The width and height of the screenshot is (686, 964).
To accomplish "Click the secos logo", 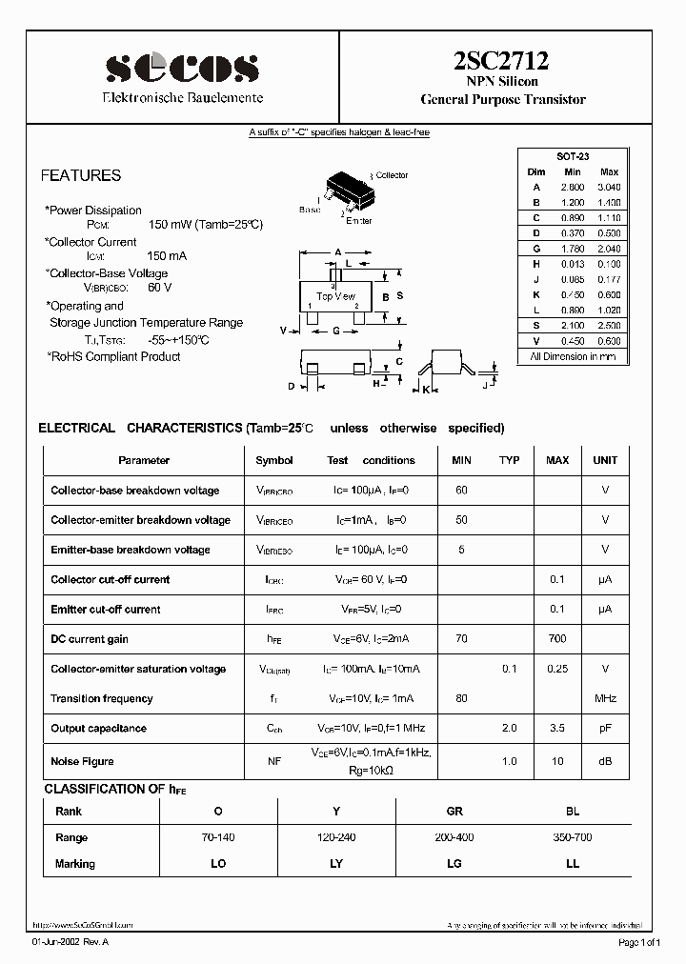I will [182, 68].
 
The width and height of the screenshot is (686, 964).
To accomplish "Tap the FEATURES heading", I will [80, 175].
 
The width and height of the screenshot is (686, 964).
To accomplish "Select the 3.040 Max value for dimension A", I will [609, 188].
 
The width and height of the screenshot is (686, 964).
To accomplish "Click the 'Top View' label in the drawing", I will [335, 297].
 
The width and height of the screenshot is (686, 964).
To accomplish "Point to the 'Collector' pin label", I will [392, 175].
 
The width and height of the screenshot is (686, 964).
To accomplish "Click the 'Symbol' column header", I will [274, 460].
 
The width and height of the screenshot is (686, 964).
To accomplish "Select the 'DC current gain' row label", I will [90, 639].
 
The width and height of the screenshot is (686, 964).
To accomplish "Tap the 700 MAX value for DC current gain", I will [557, 639].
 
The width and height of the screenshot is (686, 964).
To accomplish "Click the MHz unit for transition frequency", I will [605, 698].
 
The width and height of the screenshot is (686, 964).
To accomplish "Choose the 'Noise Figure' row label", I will [82, 761].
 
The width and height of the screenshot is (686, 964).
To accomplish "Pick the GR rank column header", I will [454, 812].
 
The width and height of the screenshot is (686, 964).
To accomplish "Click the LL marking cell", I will [573, 864].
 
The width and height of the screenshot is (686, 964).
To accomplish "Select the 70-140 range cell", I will [218, 837].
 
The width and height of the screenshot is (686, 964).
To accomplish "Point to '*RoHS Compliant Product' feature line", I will [113, 356].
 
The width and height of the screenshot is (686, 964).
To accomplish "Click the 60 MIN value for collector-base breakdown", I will [461, 491].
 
